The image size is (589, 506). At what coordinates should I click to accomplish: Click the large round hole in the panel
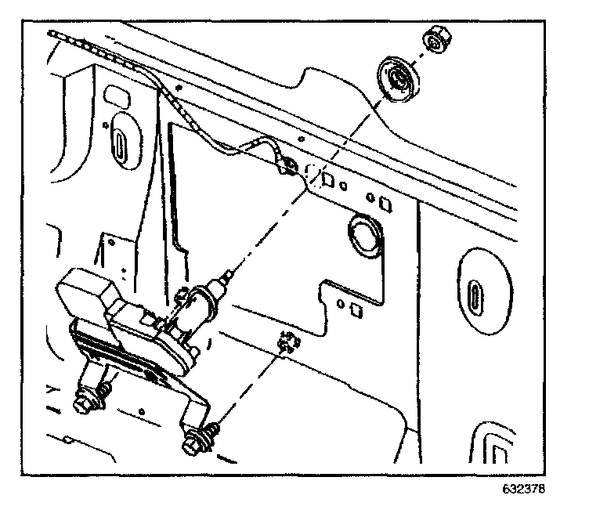coord(363,235)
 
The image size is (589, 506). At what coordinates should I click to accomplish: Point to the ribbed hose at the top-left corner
coord(78,43)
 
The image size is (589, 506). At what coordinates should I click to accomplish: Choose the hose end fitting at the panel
coord(287,165)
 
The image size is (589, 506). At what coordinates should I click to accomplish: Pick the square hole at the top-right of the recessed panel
coord(385,204)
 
